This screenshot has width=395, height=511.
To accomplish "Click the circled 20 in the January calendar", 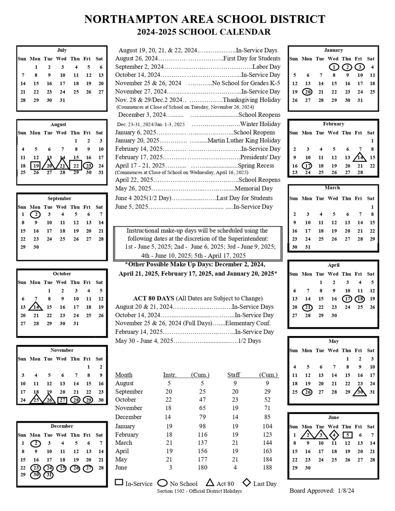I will pos(307,92).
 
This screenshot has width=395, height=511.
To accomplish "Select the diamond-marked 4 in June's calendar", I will pos(334,435).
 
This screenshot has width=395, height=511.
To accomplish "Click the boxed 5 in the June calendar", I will pos(347,435).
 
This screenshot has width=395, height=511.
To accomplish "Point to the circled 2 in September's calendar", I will pos(36,215).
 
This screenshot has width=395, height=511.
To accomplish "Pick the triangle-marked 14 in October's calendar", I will pos(36,306).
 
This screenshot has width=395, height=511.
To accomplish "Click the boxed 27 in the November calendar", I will pos(62,400).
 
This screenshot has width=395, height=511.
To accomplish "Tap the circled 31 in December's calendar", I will pos(49,475).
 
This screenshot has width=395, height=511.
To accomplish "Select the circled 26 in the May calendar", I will pos(308,392).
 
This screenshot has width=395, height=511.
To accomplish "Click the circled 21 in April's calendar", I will pos(308,307).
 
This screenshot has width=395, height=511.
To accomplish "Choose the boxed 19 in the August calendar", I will pos(36,166).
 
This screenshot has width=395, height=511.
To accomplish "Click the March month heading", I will pos(332,188).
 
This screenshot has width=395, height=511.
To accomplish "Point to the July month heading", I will pos(62,50).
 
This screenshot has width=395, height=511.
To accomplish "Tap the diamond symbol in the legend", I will pos(247,482).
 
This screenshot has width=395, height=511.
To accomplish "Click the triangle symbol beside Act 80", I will pos(210,482).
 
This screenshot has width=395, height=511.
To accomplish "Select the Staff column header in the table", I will pos(234,375).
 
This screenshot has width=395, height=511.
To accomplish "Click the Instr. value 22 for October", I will pos(169,400).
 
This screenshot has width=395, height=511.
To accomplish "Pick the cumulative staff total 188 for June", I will pos(267,467).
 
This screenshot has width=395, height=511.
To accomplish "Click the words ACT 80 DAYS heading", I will pos(153,298).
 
